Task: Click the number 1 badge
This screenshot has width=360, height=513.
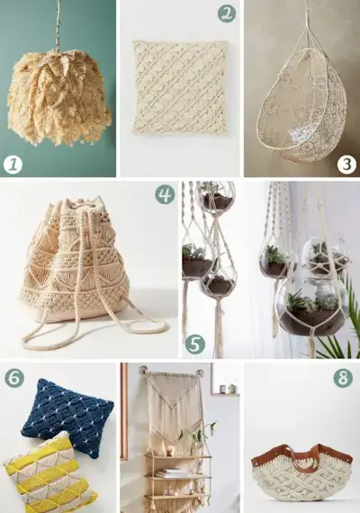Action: [x=13, y=164]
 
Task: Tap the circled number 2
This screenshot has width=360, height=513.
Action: [x=227, y=13]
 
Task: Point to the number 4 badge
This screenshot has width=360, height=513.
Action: [x=164, y=193]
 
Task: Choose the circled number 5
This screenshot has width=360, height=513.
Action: [x=194, y=345]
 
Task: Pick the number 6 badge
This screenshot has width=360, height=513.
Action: [x=13, y=377]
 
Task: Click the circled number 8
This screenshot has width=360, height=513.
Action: [x=343, y=377]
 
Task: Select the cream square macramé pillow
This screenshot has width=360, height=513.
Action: [x=180, y=87]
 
